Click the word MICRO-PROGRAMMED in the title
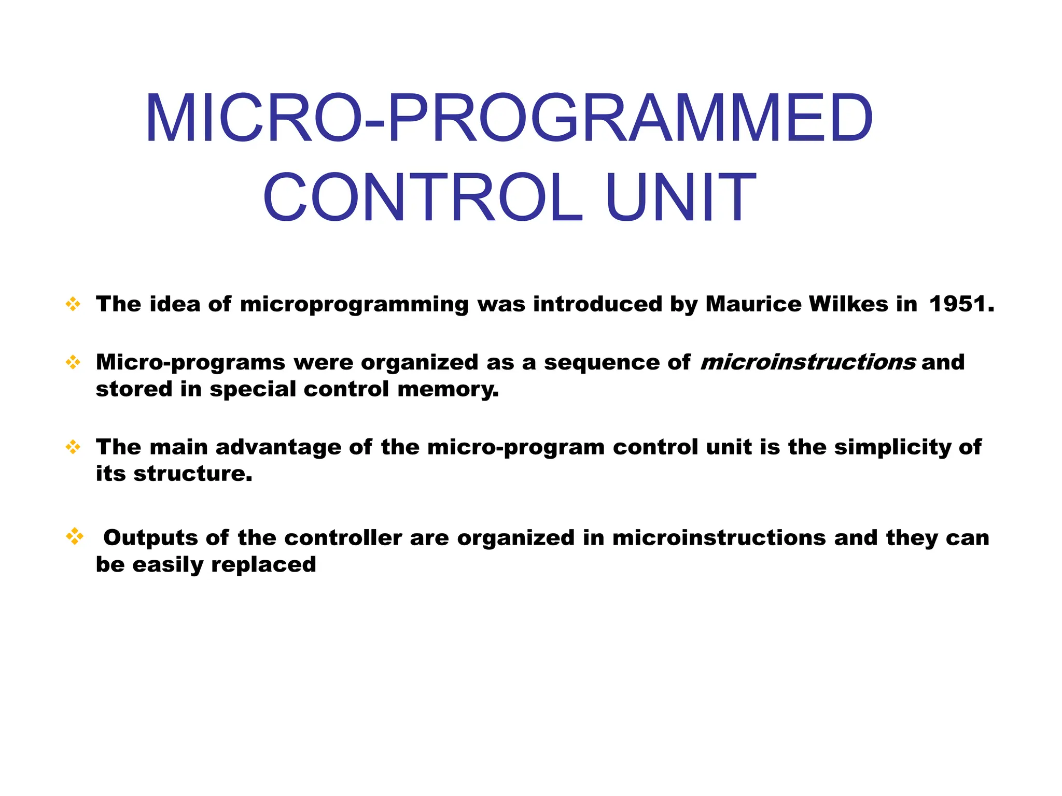(509, 118)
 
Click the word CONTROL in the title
(423, 198)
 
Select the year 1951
(961, 304)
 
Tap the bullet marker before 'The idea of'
(73, 304)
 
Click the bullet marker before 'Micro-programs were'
(73, 362)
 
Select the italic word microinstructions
(808, 362)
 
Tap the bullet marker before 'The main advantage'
(73, 447)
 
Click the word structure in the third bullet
(192, 474)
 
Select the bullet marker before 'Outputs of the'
(75, 536)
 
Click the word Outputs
(150, 538)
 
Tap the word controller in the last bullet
(343, 538)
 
